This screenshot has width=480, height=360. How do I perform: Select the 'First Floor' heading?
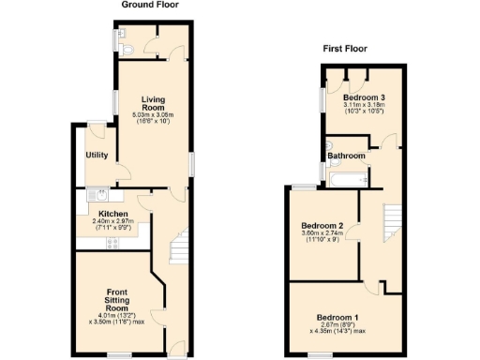tap(345, 48)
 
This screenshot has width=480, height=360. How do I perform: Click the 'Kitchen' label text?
tap(112, 213)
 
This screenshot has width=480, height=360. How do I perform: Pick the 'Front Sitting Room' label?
tap(116, 293)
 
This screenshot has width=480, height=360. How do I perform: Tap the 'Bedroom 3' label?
tap(363, 97)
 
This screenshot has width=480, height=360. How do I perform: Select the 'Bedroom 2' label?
tap(322, 226)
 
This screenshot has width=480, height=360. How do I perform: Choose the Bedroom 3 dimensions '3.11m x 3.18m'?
tap(363, 107)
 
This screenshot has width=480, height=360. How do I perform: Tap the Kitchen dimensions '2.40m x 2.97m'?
tap(112, 221)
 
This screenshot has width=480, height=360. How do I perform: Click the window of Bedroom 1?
tap(309, 355)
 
